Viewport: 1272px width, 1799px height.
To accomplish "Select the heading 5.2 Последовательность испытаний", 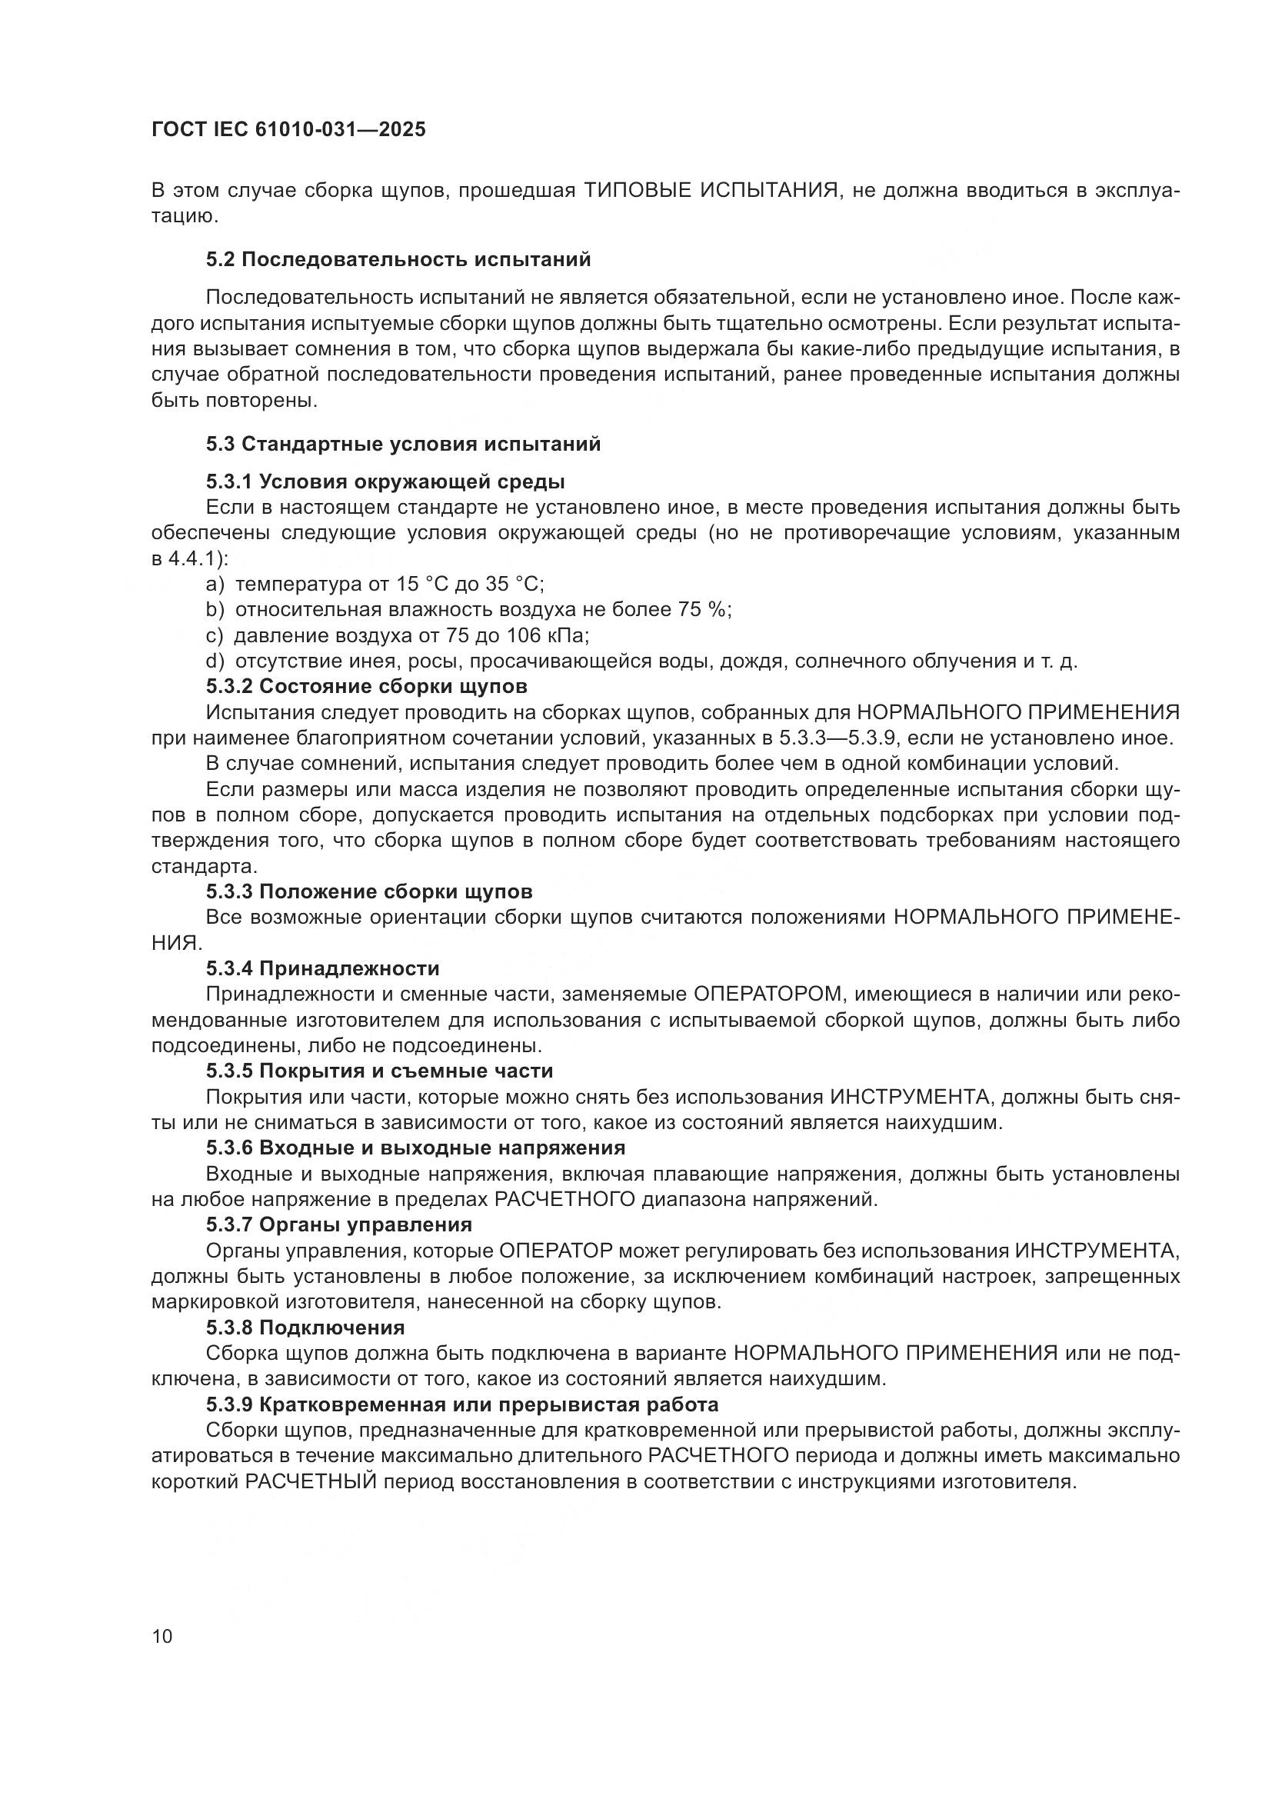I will click(398, 259).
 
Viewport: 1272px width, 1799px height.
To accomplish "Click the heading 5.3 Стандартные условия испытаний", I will click(404, 445).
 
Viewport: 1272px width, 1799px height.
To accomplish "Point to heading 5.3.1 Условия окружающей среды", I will click(385, 481).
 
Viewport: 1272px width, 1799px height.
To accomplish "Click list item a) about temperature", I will click(375, 584).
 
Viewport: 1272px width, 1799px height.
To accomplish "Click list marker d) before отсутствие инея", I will click(215, 661).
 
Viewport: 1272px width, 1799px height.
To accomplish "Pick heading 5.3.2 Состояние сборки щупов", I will click(367, 686).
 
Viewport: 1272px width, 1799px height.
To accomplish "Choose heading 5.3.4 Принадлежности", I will click(323, 969).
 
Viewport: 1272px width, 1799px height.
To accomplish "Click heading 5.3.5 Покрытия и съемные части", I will click(379, 1071).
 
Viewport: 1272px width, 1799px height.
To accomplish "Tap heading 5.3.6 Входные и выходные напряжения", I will click(415, 1148).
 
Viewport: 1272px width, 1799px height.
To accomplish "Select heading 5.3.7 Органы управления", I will click(339, 1224).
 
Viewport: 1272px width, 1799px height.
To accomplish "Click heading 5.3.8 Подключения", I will click(305, 1328).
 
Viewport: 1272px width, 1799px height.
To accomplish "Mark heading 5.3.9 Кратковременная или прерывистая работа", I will click(462, 1404).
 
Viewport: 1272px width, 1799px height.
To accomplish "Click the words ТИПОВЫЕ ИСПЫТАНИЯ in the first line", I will click(711, 192).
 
